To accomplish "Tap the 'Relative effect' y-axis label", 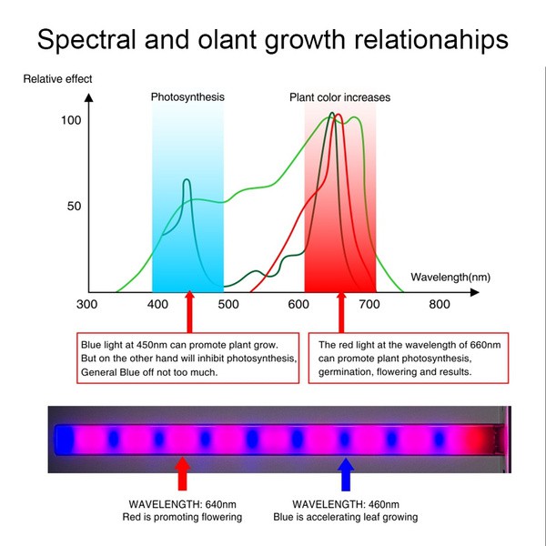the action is (x=57, y=79).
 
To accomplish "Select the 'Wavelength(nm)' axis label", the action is (x=450, y=276).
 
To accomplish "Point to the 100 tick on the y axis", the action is (x=71, y=120).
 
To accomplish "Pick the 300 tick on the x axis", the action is (x=87, y=306).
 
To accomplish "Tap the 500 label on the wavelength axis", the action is (x=227, y=306).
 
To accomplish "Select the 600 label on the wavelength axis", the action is (x=298, y=306).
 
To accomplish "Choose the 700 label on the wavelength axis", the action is (x=368, y=306).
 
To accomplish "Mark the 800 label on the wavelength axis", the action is (x=439, y=306).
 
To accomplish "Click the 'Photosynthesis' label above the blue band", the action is (x=187, y=96).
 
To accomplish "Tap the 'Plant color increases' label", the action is (x=339, y=97).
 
